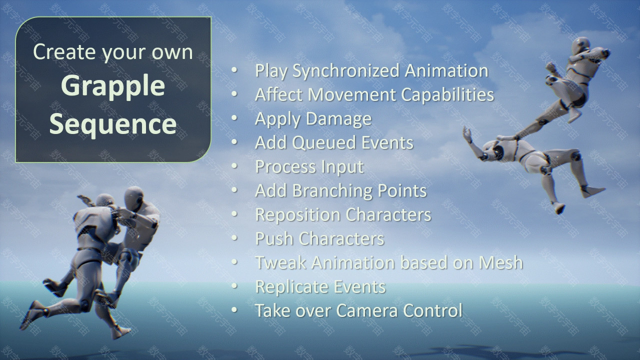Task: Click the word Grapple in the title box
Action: point(113,87)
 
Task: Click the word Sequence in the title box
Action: point(113,123)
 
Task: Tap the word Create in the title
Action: point(64,52)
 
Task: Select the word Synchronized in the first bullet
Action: point(346,70)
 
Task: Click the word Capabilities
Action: point(447,94)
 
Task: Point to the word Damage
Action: point(339,118)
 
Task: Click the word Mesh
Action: point(501,262)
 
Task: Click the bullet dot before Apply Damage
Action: point(234,118)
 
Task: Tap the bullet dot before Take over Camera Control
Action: point(234,309)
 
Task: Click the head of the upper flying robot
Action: point(581,45)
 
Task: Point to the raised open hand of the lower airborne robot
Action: point(467,134)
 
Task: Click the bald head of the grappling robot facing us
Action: point(134,196)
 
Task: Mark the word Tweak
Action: point(280,262)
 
